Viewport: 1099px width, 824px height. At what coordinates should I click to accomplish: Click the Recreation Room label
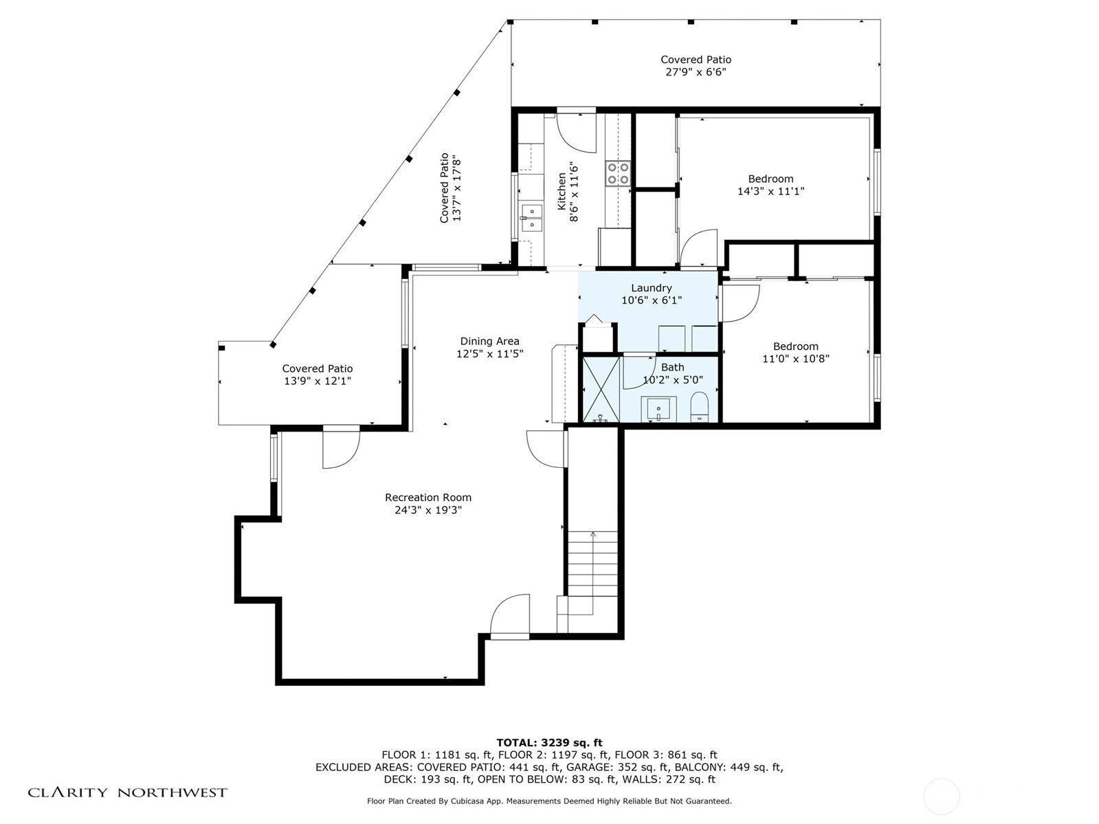(428, 497)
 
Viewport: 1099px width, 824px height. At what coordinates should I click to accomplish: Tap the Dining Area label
(489, 341)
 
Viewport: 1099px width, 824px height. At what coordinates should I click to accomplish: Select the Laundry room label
(652, 288)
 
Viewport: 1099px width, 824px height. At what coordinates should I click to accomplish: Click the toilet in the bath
(700, 406)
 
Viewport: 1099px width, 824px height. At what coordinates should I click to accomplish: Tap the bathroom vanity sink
(659, 409)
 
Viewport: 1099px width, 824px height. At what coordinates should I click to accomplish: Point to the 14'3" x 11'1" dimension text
(770, 191)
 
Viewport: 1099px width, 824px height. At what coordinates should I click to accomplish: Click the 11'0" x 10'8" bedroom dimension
(796, 359)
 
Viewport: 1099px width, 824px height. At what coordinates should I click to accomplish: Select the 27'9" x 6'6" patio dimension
(696, 71)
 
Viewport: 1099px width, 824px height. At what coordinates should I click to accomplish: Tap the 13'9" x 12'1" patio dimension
(318, 381)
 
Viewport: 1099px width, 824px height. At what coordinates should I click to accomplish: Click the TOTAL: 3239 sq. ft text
(549, 742)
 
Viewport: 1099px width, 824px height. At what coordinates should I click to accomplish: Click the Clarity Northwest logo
(127, 792)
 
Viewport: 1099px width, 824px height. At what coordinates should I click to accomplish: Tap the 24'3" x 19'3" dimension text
(428, 510)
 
